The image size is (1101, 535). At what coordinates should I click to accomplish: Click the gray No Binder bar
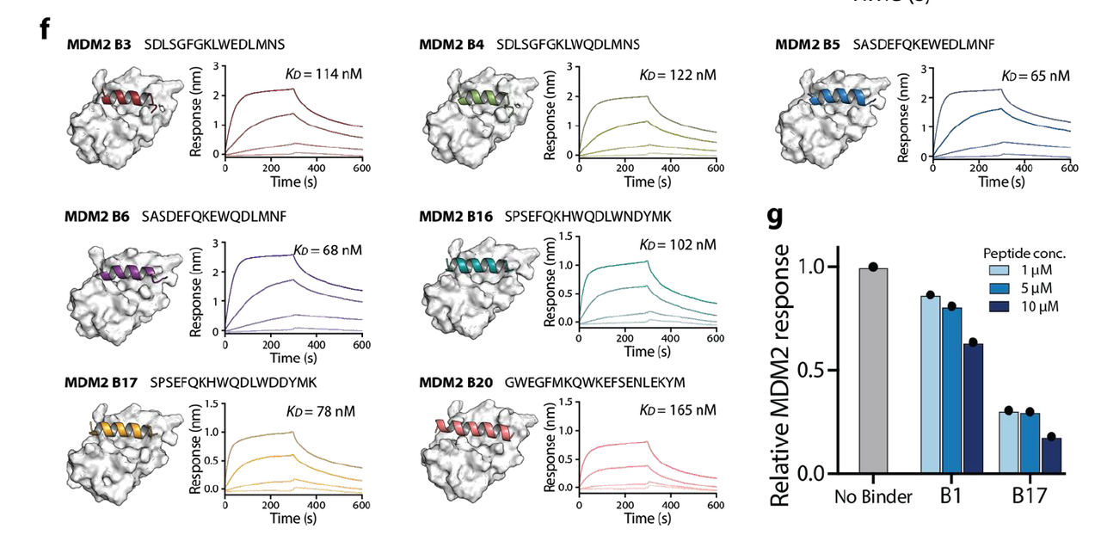(873, 370)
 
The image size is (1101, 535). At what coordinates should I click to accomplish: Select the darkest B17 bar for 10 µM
(1052, 456)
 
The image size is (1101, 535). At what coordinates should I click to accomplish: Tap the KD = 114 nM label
(323, 74)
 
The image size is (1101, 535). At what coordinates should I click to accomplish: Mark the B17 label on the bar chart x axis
(1029, 497)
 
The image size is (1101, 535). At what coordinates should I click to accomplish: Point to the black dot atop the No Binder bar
(873, 267)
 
